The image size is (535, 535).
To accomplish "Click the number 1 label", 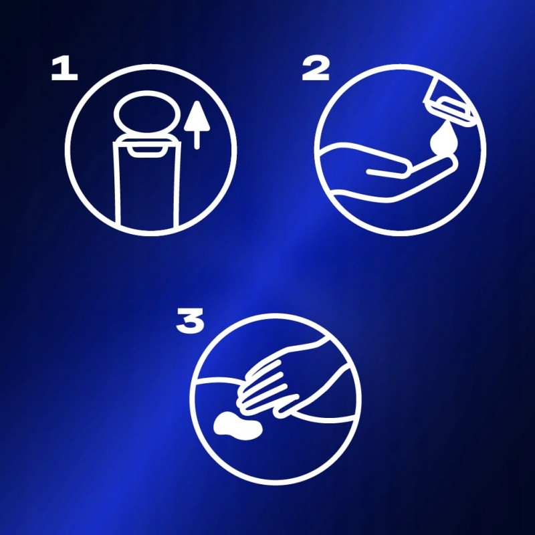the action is point(64,69).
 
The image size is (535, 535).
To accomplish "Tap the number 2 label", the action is point(316,69).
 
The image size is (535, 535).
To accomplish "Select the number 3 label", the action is point(190,320).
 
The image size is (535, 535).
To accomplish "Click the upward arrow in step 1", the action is point(197,125).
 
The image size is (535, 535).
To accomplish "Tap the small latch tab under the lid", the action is point(146,152).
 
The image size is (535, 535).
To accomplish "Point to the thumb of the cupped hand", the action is point(387,172).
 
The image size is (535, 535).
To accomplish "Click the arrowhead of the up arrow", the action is point(197,116).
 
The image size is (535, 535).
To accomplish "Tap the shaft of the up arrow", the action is point(197,140).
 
